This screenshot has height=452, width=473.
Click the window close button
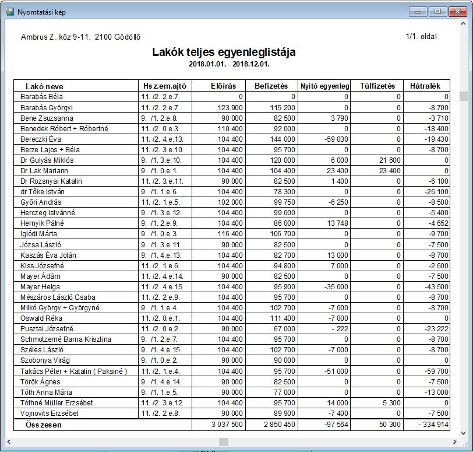[456, 11]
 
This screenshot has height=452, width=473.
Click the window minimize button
[417, 11]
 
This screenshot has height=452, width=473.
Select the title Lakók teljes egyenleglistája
[224, 52]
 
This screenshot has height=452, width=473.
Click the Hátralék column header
[428, 86]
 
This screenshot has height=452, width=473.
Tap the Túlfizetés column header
[377, 86]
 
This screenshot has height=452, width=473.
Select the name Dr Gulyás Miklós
[47, 160]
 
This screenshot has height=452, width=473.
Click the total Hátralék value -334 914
[429, 425]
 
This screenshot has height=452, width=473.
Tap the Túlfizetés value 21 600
[389, 160]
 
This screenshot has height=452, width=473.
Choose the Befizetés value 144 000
[280, 139]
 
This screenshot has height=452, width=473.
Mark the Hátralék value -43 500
[434, 286]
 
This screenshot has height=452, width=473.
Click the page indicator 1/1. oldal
[421, 37]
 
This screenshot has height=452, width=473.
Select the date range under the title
[224, 63]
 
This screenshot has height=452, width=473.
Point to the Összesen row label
[44, 425]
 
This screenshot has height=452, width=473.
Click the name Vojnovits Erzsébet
[50, 413]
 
